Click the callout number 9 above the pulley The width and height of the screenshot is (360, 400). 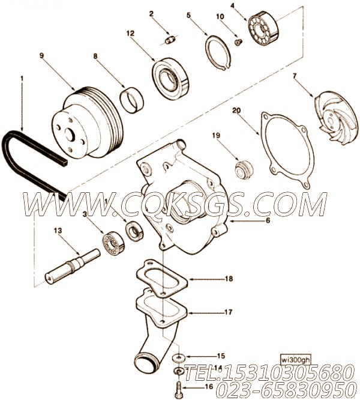tap(42, 55)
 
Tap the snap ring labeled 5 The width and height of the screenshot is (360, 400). tap(218, 52)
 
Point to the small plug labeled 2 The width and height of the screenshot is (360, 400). tap(170, 40)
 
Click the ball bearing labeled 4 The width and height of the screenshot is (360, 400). tap(263, 27)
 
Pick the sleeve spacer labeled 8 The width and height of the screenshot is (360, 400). tap(132, 100)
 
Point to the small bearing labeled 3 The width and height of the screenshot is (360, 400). tap(113, 243)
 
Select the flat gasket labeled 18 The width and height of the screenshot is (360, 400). tap(162, 279)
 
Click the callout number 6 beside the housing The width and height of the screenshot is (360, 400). tap(268, 220)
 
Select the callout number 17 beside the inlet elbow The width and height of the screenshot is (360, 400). tap(228, 312)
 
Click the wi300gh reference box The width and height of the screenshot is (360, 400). tap(296, 360)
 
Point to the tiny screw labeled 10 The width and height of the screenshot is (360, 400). tap(238, 43)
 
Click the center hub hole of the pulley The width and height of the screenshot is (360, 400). tap(69, 134)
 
